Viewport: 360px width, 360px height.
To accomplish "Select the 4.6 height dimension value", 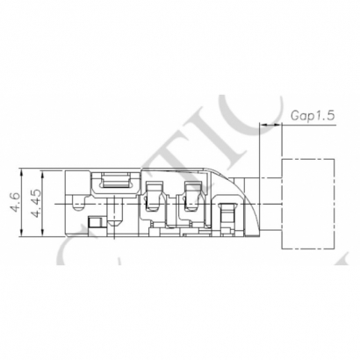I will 14,205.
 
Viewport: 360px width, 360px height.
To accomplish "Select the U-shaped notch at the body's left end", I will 79,205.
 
